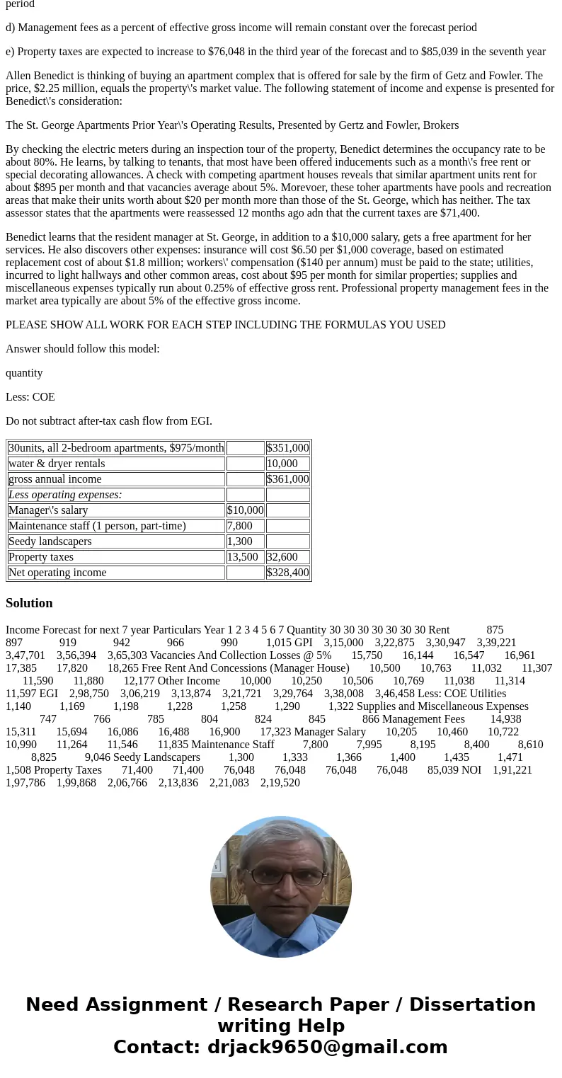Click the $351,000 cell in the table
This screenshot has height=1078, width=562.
[x=287, y=448]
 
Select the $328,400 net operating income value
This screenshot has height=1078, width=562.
[x=287, y=573]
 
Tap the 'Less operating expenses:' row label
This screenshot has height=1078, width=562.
[x=65, y=495]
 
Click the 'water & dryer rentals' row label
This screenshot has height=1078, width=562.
[x=57, y=464]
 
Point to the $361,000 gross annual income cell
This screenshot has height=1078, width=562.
[x=287, y=479]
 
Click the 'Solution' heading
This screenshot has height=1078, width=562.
[x=29, y=603]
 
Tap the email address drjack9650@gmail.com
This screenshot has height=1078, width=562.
[x=328, y=1047]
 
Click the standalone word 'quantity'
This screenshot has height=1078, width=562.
[x=24, y=373]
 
